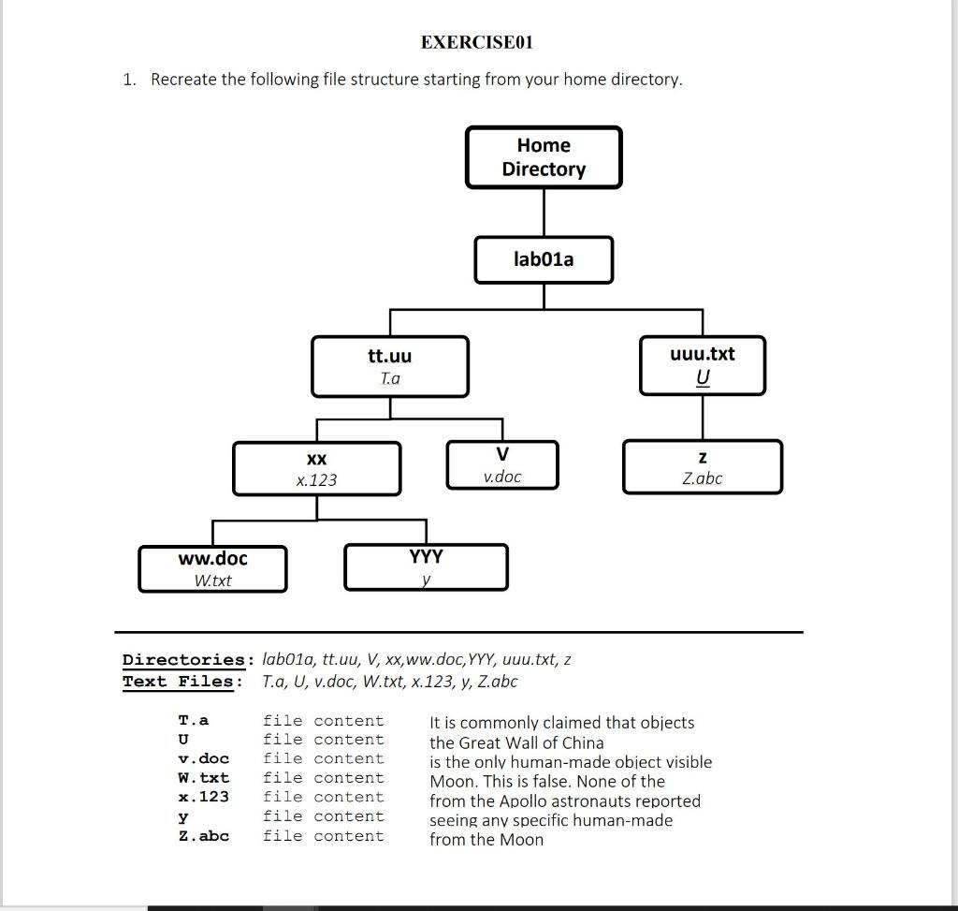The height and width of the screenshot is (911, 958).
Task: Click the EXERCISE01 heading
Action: pyautogui.click(x=477, y=42)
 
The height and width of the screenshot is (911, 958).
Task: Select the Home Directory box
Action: pyautogui.click(x=544, y=157)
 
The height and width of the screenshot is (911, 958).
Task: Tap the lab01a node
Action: pyautogui.click(x=544, y=259)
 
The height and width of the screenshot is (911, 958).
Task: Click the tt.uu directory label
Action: pyautogui.click(x=389, y=356)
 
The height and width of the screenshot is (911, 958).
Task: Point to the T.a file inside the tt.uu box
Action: pyautogui.click(x=389, y=379)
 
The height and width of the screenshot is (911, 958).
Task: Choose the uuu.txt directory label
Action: pyautogui.click(x=703, y=354)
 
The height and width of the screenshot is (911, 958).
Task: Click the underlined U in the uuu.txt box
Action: pyautogui.click(x=703, y=377)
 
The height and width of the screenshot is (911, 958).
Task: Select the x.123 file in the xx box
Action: pyautogui.click(x=316, y=480)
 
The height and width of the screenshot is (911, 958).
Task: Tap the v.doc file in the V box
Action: pyautogui.click(x=502, y=477)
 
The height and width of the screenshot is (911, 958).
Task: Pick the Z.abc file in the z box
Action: pyautogui.click(x=702, y=478)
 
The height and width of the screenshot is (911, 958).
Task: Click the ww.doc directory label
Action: pyautogui.click(x=213, y=559)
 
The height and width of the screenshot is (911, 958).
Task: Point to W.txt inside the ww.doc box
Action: pyautogui.click(x=213, y=580)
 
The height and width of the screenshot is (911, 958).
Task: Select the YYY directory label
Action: pyautogui.click(x=427, y=557)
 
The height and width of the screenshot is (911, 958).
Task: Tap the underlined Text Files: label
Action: pyautogui.click(x=182, y=682)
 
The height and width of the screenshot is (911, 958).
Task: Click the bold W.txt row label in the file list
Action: pyautogui.click(x=203, y=778)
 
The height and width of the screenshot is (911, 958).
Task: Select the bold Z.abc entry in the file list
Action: pyautogui.click(x=203, y=835)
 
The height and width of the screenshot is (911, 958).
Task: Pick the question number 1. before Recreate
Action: pyautogui.click(x=129, y=80)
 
